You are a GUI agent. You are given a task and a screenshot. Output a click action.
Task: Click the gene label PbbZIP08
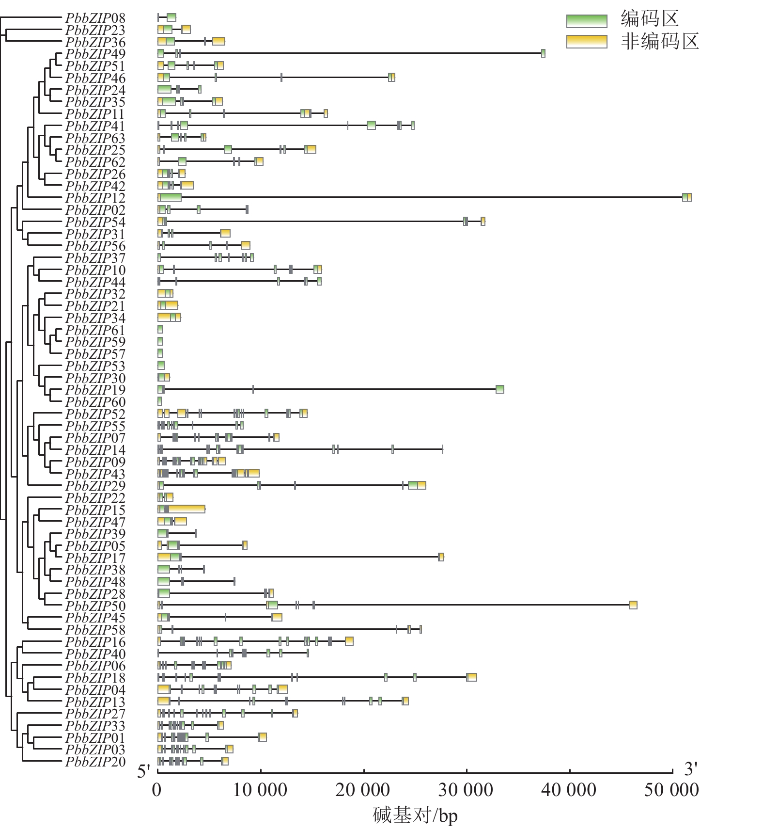point(95,18)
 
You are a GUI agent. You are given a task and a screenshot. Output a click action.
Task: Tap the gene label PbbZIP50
point(95,606)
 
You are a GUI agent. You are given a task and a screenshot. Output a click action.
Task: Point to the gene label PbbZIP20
point(95,762)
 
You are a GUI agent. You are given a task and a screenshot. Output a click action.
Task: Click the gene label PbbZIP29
point(95,486)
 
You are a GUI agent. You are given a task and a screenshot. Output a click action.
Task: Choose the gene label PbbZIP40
point(95,654)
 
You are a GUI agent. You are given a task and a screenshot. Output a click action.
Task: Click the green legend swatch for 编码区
point(586,21)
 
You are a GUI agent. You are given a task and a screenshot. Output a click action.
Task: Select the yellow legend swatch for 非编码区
point(586,42)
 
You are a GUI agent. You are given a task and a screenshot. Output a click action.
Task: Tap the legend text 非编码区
point(660,42)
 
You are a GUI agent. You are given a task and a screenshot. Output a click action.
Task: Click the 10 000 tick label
point(260,790)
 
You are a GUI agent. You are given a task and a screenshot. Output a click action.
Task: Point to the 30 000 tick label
point(466,790)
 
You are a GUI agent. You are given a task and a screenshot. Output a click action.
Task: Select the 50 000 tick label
point(671,790)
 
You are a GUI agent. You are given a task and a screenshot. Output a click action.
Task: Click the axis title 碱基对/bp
point(415,815)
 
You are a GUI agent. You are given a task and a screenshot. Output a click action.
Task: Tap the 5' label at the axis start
point(144,771)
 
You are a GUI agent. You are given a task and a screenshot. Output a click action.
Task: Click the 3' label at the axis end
point(691,769)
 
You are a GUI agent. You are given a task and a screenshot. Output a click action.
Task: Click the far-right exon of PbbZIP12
point(686,197)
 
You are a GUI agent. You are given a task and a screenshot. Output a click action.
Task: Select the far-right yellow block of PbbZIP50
point(633,605)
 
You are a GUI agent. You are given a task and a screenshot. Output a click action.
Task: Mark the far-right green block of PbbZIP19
point(499,389)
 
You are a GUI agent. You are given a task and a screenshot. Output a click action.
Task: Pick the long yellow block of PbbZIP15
point(187,509)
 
